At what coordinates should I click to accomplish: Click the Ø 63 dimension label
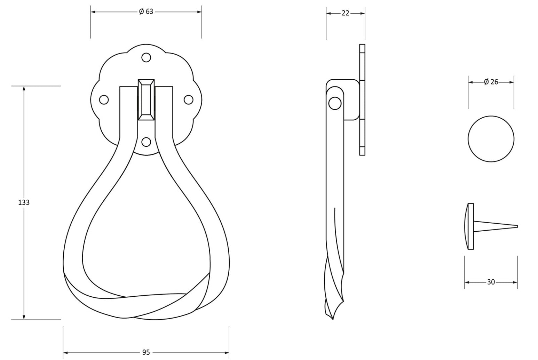coord(146,11)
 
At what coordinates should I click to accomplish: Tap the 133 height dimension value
coord(24,202)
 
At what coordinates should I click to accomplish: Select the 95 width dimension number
coord(146,352)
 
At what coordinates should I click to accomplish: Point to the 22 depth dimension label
coord(345,13)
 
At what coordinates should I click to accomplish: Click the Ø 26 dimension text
coord(491,82)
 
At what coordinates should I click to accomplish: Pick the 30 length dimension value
coord(491,282)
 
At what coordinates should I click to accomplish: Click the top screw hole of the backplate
coord(146,58)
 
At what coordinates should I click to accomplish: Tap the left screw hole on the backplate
coord(104,99)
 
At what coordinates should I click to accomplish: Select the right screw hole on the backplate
coord(189,99)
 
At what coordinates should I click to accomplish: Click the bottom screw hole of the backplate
coord(146,142)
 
